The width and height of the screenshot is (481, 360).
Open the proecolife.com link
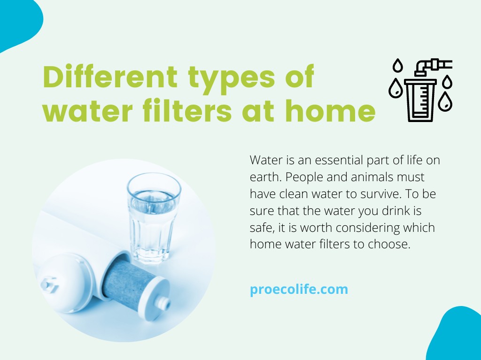click(x=299, y=289)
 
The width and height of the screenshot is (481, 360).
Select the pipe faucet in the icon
click(x=433, y=66)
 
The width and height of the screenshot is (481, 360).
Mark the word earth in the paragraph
click(x=264, y=177)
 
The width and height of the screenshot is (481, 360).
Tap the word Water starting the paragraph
click(x=264, y=160)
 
